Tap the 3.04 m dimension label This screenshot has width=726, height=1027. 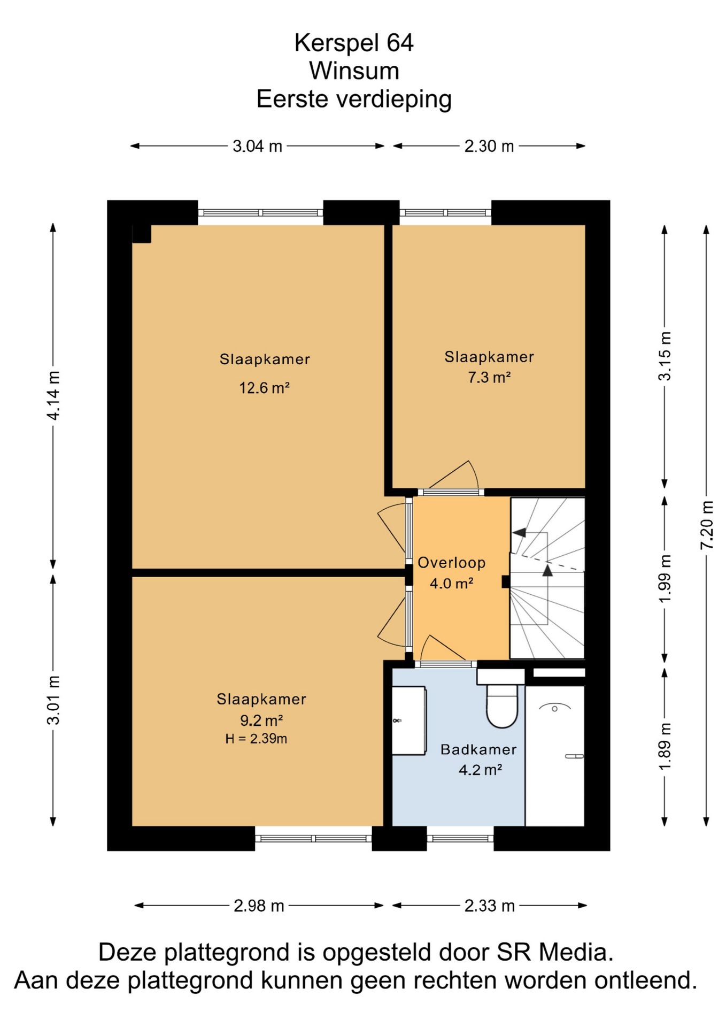pyautogui.click(x=257, y=146)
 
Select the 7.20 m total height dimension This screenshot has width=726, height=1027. pyautogui.click(x=707, y=525)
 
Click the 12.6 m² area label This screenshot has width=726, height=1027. pyautogui.click(x=264, y=387)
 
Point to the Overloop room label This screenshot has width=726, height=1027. pyautogui.click(x=452, y=562)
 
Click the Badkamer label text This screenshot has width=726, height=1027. pyautogui.click(x=478, y=749)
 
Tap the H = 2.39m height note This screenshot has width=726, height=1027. pyautogui.click(x=256, y=739)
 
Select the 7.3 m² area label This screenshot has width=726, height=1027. pyautogui.click(x=489, y=377)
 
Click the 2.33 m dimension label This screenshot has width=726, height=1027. pyautogui.click(x=489, y=906)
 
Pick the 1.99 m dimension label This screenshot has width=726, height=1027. pyautogui.click(x=665, y=579)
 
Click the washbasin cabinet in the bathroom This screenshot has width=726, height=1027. pyautogui.click(x=409, y=721)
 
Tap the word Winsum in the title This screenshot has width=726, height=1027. pyautogui.click(x=354, y=71)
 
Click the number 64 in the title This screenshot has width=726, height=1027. pyautogui.click(x=400, y=43)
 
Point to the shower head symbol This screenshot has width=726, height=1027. pyautogui.click(x=554, y=708)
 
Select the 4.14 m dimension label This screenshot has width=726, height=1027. pyautogui.click(x=54, y=395)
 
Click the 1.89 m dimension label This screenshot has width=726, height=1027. pyautogui.click(x=665, y=746)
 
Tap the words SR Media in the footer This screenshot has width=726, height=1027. pyautogui.click(x=554, y=952)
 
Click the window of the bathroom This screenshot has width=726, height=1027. pyautogui.click(x=460, y=838)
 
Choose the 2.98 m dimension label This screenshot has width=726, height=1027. pyautogui.click(x=259, y=906)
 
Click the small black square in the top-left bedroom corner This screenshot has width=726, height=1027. pyautogui.click(x=142, y=234)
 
